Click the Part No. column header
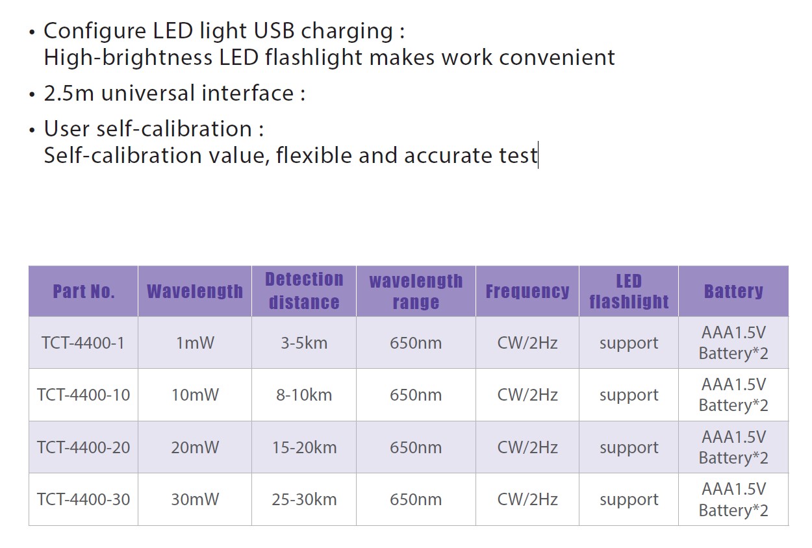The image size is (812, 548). click(84, 292)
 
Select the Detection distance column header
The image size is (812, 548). click(304, 291)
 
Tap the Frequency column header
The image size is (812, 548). click(527, 292)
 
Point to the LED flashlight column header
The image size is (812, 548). click(629, 292)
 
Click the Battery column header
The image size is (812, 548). click(733, 292)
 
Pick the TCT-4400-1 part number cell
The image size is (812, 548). click(83, 343)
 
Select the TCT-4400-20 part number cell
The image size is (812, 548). click(83, 447)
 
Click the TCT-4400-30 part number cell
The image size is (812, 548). click(83, 499)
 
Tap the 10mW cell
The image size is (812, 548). click(195, 395)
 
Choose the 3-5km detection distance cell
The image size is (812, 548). click(304, 343)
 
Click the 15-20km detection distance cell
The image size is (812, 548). click(304, 447)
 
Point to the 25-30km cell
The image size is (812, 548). click(304, 499)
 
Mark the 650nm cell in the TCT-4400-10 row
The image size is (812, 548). click(416, 395)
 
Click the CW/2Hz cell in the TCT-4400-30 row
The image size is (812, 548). click(527, 499)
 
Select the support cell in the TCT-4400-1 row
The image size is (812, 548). click(629, 343)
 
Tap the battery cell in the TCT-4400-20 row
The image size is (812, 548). click(733, 447)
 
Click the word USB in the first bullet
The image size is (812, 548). click(274, 31)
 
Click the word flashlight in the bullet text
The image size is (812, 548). click(314, 57)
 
